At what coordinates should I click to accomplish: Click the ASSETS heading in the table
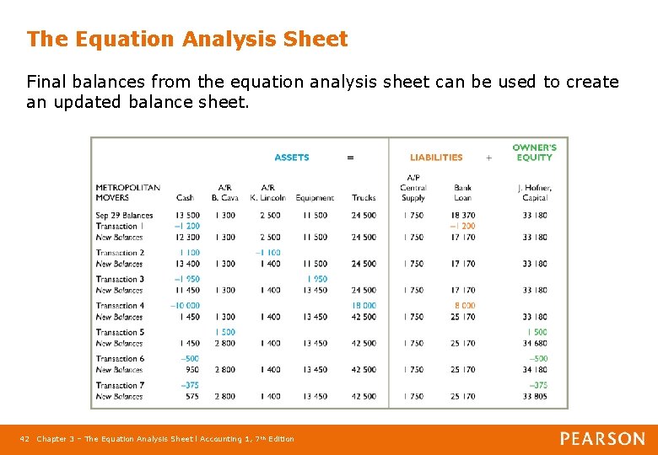tap(292, 158)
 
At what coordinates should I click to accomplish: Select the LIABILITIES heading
tap(436, 158)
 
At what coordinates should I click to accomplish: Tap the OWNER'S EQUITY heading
tap(534, 153)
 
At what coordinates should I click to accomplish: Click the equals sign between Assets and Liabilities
tap(350, 158)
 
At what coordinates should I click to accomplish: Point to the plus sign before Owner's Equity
tap(488, 158)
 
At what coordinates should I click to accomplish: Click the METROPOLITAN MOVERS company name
tap(127, 192)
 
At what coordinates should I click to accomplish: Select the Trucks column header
tap(364, 198)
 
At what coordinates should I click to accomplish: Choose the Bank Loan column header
tap(462, 192)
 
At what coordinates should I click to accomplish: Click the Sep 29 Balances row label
tap(124, 216)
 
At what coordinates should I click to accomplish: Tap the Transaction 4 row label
tap(120, 306)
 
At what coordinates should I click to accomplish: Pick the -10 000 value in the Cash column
tap(186, 306)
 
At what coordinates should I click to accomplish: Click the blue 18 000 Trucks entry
tap(364, 306)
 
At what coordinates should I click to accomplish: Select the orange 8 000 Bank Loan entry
tap(464, 306)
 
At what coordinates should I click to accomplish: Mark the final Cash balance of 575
tap(191, 396)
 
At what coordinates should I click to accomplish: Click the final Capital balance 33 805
tap(534, 396)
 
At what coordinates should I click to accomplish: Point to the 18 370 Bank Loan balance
tap(462, 216)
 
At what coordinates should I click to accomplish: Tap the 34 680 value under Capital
tap(534, 343)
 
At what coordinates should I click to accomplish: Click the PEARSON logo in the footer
tap(602, 439)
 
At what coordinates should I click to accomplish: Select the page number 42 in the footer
tap(24, 439)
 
